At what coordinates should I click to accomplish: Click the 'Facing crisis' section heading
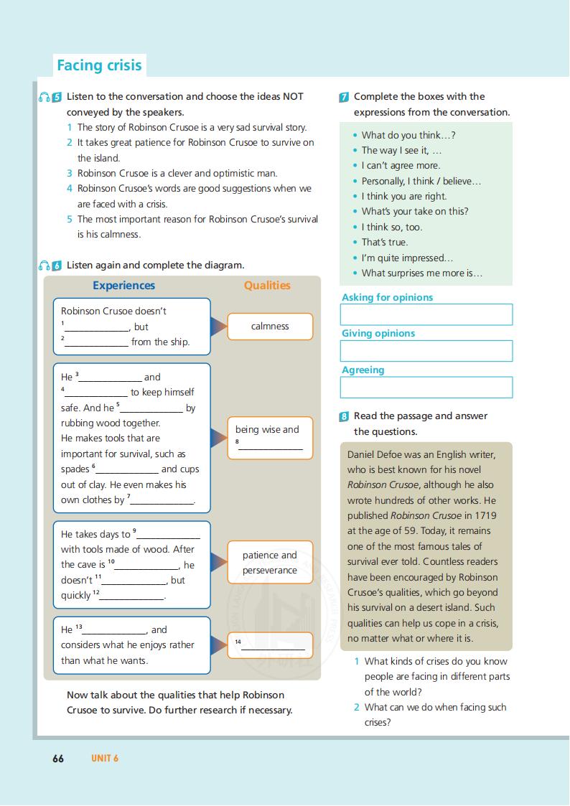point(99,65)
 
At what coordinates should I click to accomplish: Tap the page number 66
point(58,758)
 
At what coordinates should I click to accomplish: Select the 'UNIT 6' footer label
point(105,758)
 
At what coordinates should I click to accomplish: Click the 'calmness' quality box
point(270,327)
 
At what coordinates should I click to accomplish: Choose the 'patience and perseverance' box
point(270,563)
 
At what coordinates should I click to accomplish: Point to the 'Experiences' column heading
point(123,286)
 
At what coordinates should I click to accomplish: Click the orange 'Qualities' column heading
point(267,286)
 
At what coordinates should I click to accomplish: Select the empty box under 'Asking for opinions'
point(426,314)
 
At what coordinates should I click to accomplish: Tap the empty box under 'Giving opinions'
point(426,351)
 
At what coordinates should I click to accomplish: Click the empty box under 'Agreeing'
point(426,388)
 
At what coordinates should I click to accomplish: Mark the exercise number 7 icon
point(345,97)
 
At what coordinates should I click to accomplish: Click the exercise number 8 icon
point(345,416)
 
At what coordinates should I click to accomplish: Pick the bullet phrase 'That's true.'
point(384,243)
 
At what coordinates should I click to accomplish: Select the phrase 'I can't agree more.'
point(401,166)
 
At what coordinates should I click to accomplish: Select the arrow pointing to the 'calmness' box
point(218,327)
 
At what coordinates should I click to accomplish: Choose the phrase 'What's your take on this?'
point(415,212)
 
